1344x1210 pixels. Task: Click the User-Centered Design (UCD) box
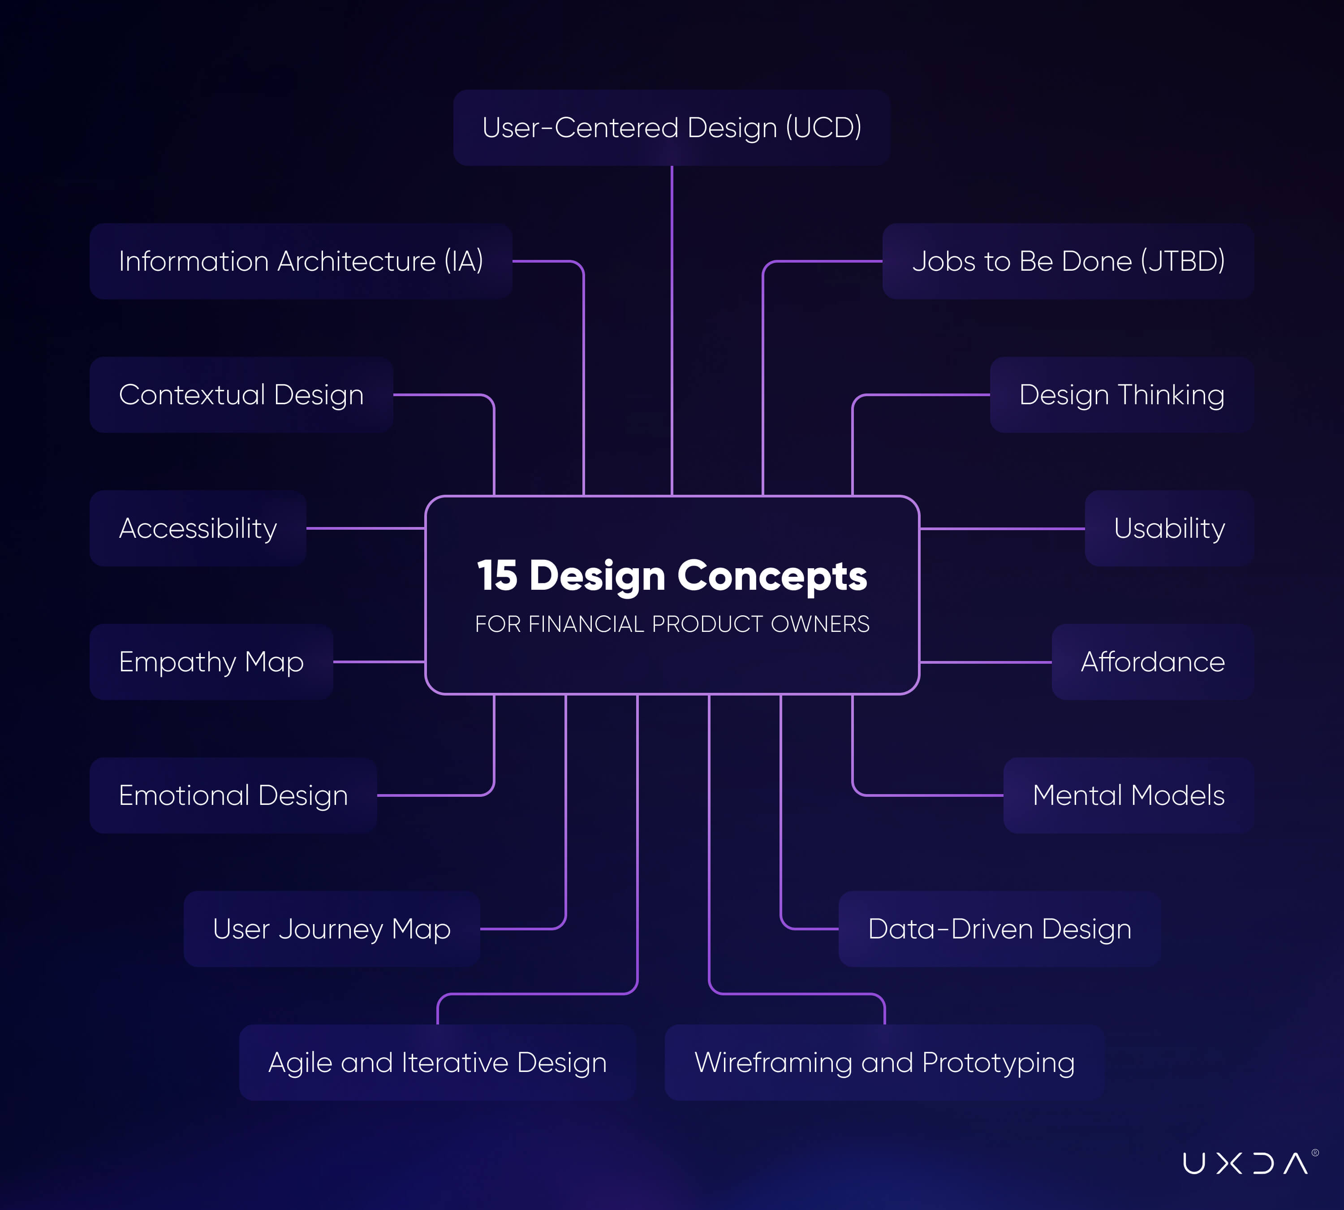tap(672, 128)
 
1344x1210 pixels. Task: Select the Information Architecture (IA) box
tap(301, 261)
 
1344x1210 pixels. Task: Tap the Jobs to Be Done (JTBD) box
tap(1068, 261)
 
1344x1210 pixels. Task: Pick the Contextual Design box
tap(241, 395)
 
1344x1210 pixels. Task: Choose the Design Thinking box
tap(1122, 395)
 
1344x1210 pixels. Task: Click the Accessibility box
tap(198, 528)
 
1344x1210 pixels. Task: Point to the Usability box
tap(1170, 528)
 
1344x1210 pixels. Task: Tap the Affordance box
tap(1153, 662)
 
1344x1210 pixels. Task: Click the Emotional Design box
tap(233, 796)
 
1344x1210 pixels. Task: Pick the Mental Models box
tap(1129, 796)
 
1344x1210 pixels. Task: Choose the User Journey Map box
tap(332, 929)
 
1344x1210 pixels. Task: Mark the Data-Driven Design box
tap(999, 929)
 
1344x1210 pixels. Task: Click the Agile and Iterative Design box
tap(437, 1063)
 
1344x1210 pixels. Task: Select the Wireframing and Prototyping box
tap(885, 1063)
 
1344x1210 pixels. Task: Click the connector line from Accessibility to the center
tap(366, 528)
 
